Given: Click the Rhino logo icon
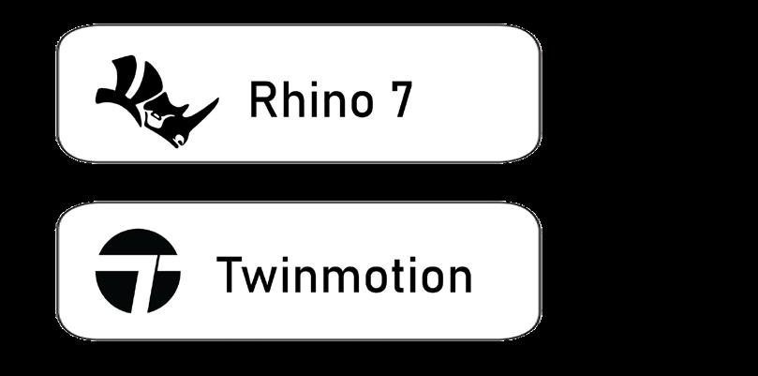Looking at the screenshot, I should click(x=155, y=101).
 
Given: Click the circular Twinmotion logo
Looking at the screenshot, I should click(x=138, y=270).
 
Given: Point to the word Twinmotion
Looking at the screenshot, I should click(x=344, y=275).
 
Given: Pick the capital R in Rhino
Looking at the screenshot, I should click(x=261, y=100).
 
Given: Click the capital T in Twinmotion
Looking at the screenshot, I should click(x=230, y=275).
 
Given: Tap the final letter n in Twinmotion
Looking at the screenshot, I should click(x=459, y=278).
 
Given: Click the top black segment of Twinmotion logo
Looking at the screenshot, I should click(x=138, y=243).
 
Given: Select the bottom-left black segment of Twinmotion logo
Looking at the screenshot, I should click(x=115, y=285).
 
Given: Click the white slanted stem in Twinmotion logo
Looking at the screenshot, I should click(x=141, y=286).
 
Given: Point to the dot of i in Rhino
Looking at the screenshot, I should click(x=314, y=85).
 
